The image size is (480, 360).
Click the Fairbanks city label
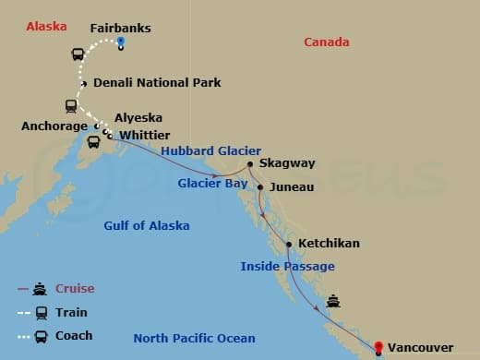coord(120,28)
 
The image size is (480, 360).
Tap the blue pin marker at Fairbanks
coord(121,43)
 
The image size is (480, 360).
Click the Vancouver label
coord(420,347)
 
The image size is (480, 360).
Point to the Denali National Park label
coord(157,82)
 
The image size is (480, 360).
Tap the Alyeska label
coord(138,118)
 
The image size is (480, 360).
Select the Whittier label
coord(146,135)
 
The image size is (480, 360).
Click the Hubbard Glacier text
coord(210,150)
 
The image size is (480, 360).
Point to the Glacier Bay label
coord(211,183)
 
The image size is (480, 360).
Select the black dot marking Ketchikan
coord(290,245)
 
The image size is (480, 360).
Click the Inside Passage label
coord(287,266)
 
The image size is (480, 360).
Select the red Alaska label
coord(46,26)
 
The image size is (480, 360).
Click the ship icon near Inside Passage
coord(333,300)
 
